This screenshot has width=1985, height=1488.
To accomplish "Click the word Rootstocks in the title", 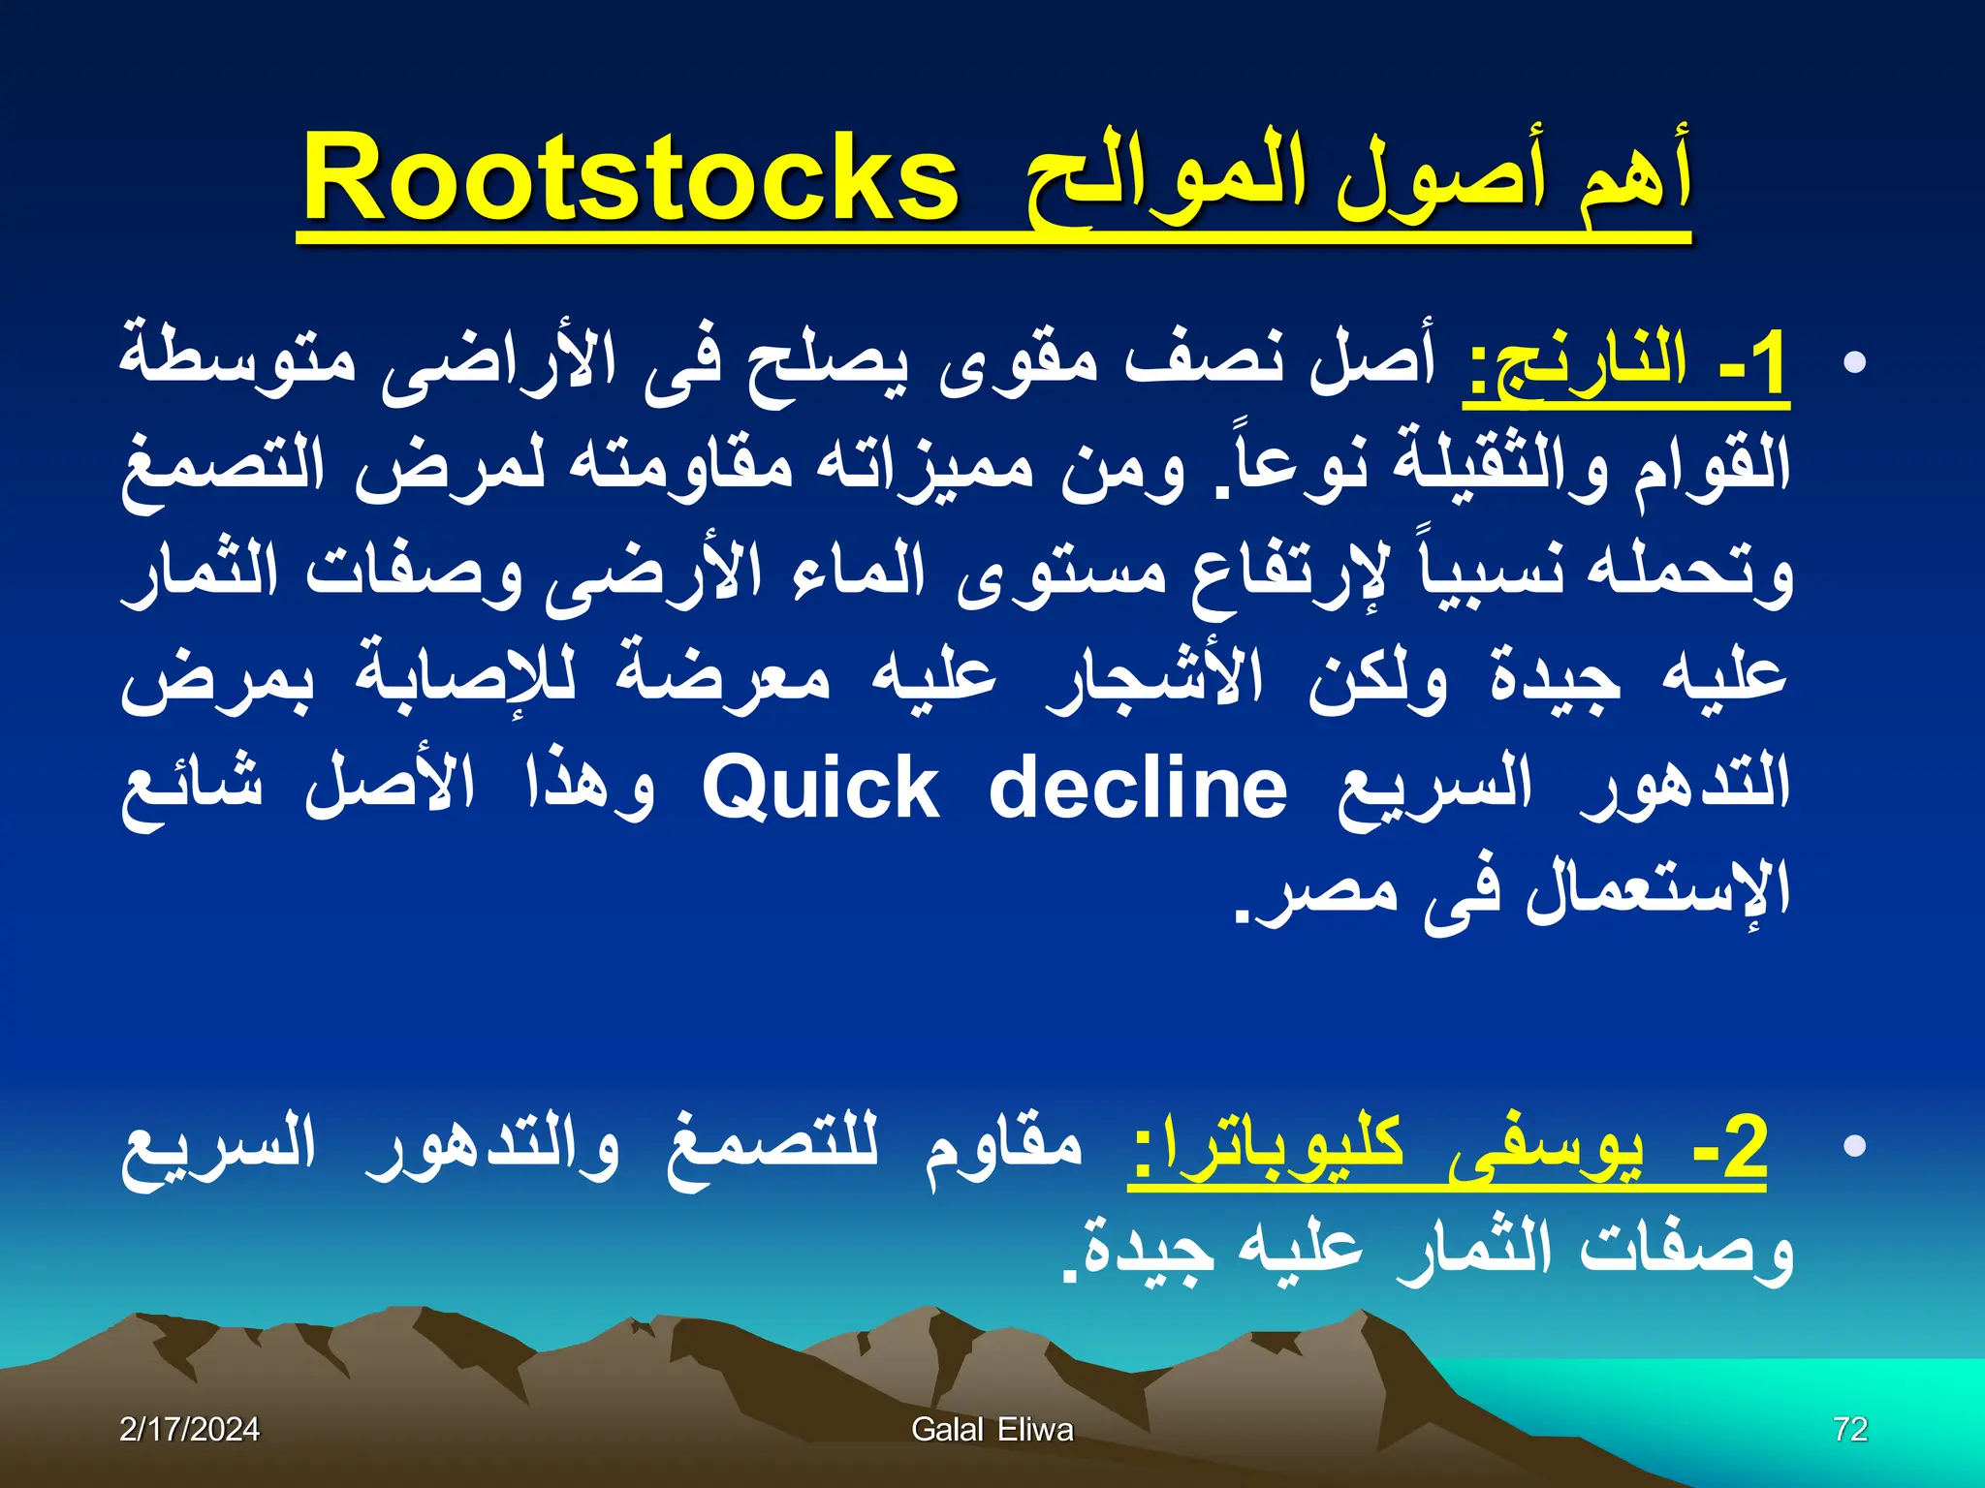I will [630, 179].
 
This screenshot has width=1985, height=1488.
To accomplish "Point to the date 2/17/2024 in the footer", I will [189, 1429].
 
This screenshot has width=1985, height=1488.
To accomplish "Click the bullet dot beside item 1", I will [1854, 363].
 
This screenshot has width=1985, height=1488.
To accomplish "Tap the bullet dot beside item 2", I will [1854, 1147].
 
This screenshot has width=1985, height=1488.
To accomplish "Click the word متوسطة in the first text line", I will [237, 363].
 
